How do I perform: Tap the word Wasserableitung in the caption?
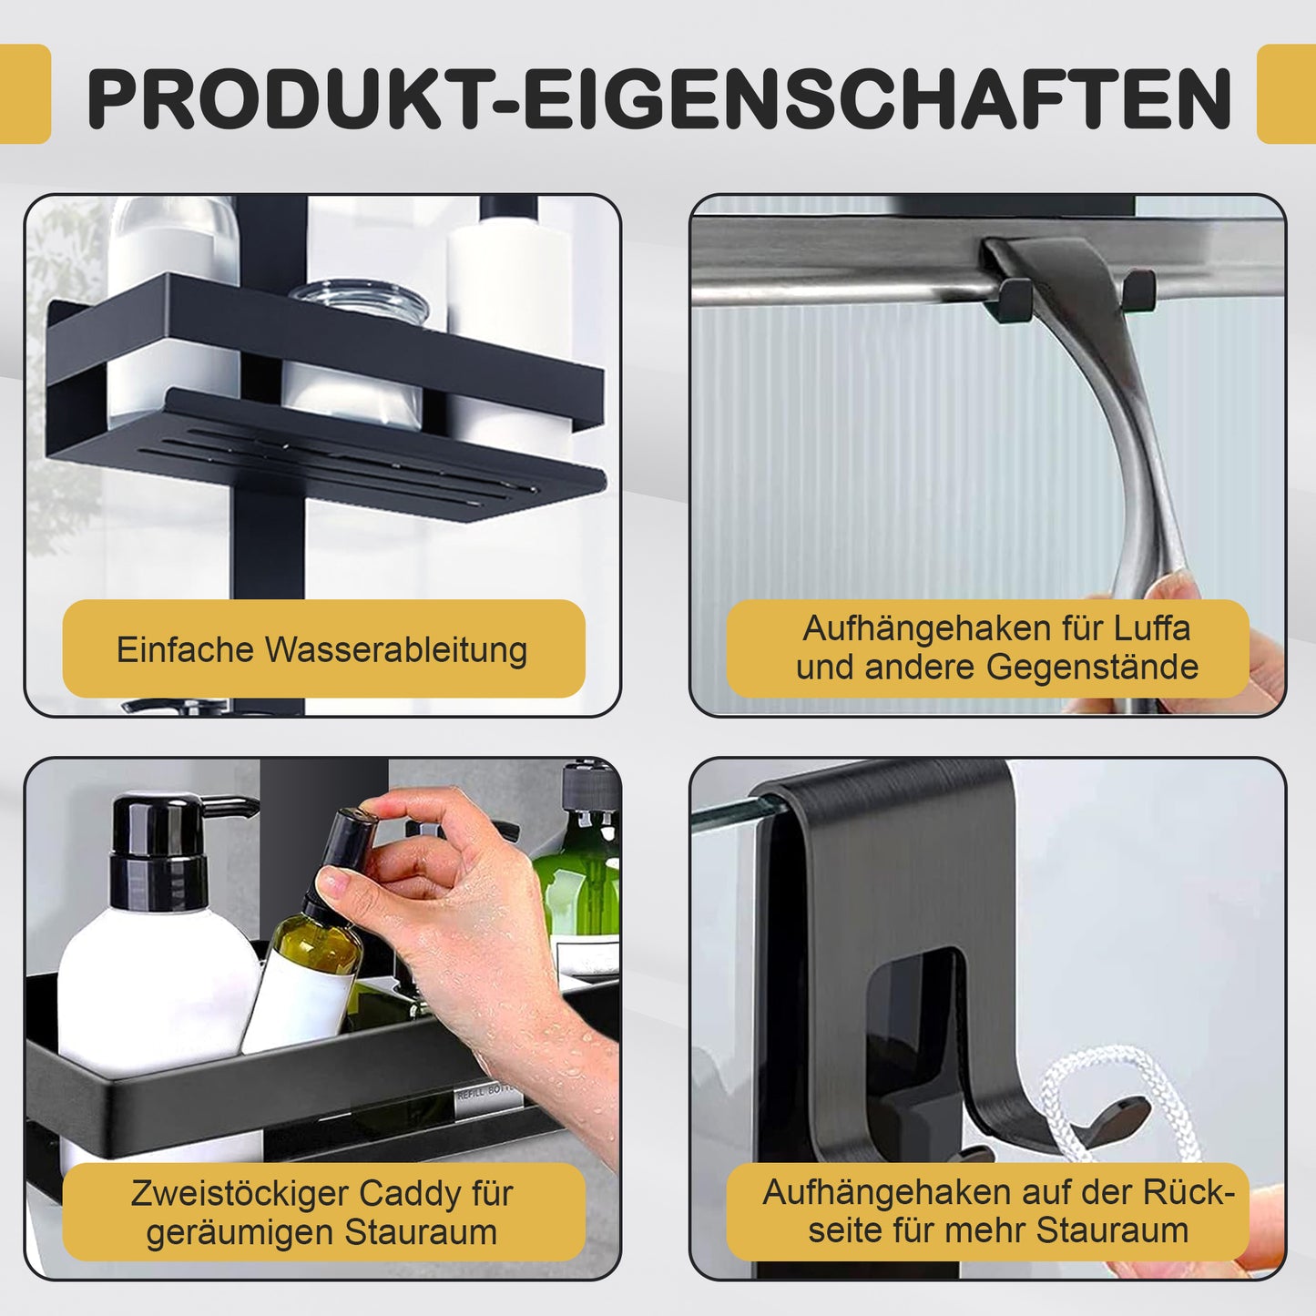(x=396, y=648)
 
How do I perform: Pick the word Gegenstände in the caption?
(x=1093, y=668)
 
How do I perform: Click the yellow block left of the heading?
(x=26, y=94)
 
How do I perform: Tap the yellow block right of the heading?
(x=1286, y=94)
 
